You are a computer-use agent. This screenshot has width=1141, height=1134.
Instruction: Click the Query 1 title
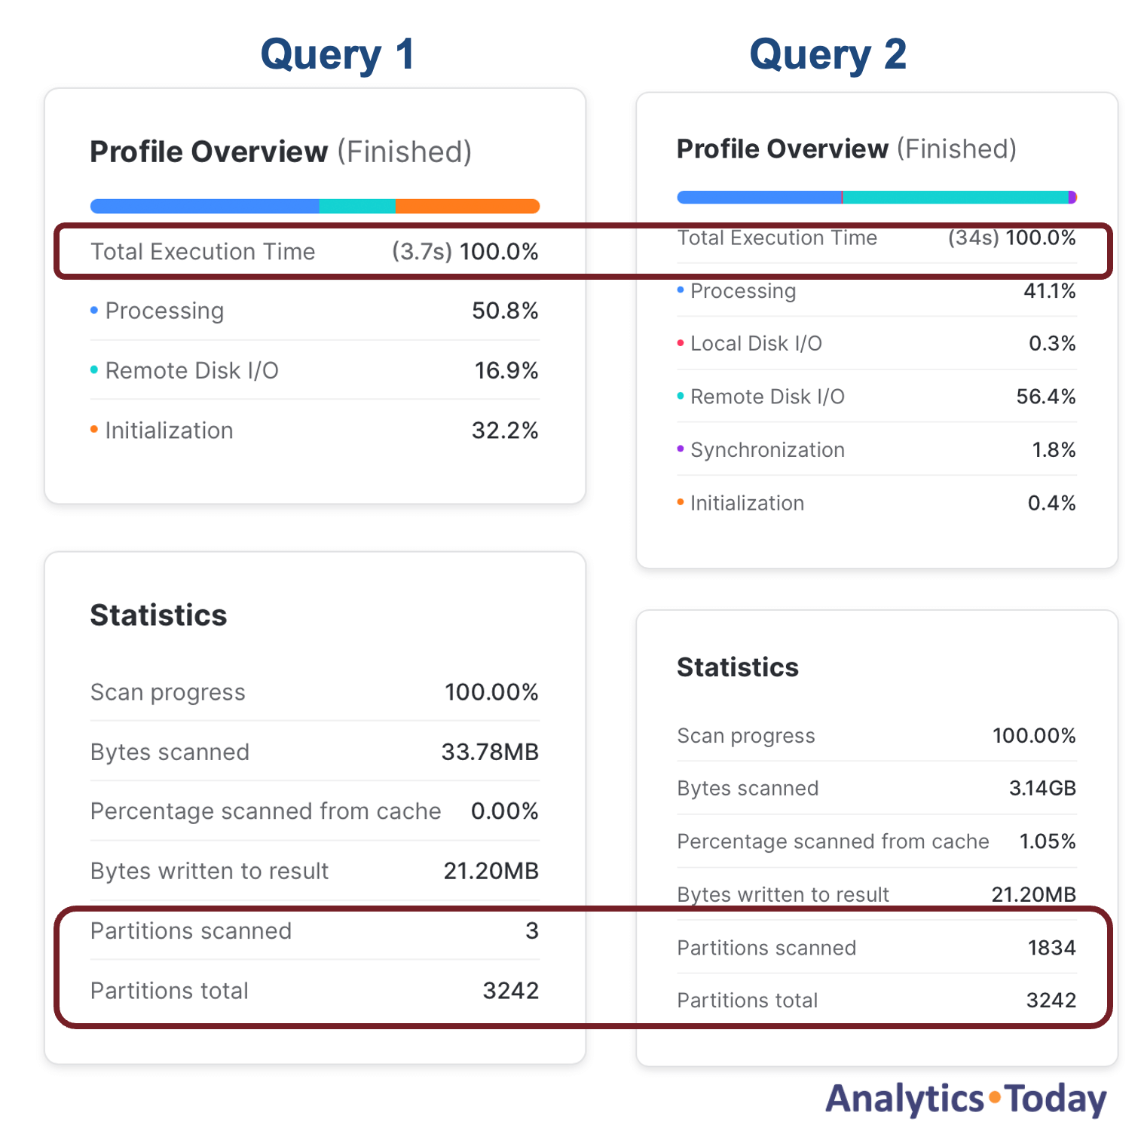click(x=338, y=55)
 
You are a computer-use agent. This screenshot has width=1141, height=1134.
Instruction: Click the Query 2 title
click(x=827, y=55)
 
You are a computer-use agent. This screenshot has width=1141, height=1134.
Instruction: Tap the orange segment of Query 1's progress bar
click(x=467, y=207)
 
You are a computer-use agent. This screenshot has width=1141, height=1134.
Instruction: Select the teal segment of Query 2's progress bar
click(x=954, y=198)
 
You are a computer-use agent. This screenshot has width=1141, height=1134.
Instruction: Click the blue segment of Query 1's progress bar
click(x=205, y=207)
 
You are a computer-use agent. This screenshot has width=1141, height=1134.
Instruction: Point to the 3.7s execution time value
click(x=422, y=252)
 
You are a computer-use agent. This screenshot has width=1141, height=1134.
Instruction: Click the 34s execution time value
click(x=973, y=238)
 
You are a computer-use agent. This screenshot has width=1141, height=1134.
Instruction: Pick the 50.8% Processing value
click(x=505, y=311)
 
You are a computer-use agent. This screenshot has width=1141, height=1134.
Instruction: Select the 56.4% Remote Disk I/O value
click(x=1045, y=397)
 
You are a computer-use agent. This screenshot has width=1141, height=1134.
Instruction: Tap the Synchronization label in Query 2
click(x=767, y=450)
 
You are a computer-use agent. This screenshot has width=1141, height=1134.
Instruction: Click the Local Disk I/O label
click(x=756, y=344)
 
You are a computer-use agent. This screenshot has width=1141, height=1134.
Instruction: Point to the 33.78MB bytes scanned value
click(x=490, y=752)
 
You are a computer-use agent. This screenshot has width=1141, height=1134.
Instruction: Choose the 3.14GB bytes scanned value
click(x=1042, y=789)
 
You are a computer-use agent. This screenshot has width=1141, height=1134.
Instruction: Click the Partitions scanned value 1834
click(x=1051, y=948)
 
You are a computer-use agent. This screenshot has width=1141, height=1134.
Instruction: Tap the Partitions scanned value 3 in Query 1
click(x=532, y=931)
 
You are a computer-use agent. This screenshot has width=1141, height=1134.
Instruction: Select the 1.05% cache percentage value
click(x=1048, y=841)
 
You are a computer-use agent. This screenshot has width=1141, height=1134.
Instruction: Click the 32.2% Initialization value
click(x=505, y=431)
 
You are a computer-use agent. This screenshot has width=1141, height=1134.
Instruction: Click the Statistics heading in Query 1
click(x=158, y=615)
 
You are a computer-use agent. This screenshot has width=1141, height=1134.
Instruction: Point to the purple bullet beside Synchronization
click(x=681, y=449)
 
